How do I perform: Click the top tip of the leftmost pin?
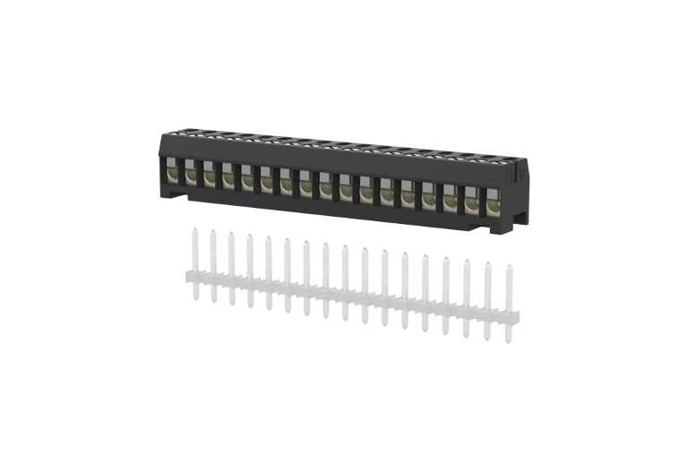(x=193, y=229)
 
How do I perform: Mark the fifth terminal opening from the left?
(x=247, y=179)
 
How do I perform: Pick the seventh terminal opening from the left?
(x=287, y=184)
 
